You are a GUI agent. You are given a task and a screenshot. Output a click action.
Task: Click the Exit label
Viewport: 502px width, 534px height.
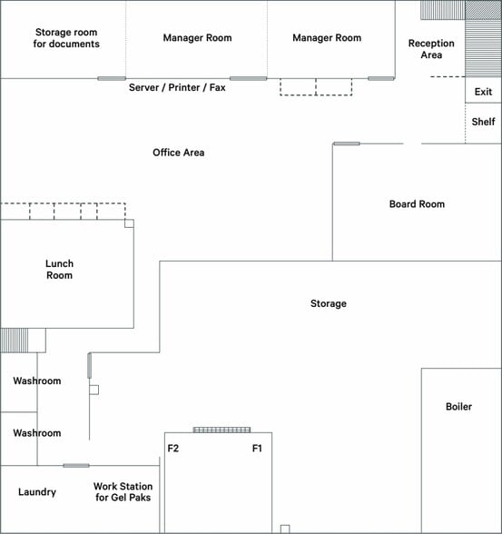(x=483, y=92)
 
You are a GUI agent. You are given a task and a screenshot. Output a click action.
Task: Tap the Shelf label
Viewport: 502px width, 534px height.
(x=483, y=122)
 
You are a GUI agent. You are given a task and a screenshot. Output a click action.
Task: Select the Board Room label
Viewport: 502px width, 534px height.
(x=417, y=204)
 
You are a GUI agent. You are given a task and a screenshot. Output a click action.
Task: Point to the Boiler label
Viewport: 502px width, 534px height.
(x=458, y=406)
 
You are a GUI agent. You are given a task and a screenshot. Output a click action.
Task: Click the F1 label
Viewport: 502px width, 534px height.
(x=257, y=449)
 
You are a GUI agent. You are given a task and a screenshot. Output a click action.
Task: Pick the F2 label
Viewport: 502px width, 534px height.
(x=173, y=449)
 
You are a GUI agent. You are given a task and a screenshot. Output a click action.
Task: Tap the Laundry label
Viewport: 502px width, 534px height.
(x=37, y=492)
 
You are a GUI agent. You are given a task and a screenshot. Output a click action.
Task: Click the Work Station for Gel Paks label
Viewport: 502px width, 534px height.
(x=123, y=492)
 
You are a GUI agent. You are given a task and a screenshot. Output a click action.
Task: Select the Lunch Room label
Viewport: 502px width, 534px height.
(x=60, y=270)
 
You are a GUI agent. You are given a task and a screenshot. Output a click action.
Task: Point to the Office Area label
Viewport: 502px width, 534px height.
(x=178, y=153)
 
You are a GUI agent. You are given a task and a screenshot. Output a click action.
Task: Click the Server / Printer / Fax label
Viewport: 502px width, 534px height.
(x=177, y=87)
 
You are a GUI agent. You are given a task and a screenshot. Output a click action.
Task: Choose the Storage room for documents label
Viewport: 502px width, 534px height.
(x=66, y=38)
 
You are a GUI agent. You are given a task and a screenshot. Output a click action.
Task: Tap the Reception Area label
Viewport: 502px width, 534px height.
(x=431, y=49)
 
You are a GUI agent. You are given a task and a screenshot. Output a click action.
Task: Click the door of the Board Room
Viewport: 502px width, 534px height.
(x=347, y=143)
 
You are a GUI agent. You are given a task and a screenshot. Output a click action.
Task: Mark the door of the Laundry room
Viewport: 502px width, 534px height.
(x=76, y=466)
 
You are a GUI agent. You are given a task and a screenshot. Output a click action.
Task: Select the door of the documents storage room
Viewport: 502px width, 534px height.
(x=112, y=79)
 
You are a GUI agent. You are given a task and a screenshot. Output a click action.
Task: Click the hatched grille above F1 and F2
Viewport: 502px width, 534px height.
(x=221, y=430)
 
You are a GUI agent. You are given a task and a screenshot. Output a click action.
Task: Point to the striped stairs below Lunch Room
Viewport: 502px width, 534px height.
(x=15, y=341)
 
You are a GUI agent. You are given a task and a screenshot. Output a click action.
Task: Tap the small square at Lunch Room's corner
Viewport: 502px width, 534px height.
(x=129, y=223)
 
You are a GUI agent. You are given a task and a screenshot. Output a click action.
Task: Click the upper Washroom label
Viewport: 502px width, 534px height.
(x=37, y=381)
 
